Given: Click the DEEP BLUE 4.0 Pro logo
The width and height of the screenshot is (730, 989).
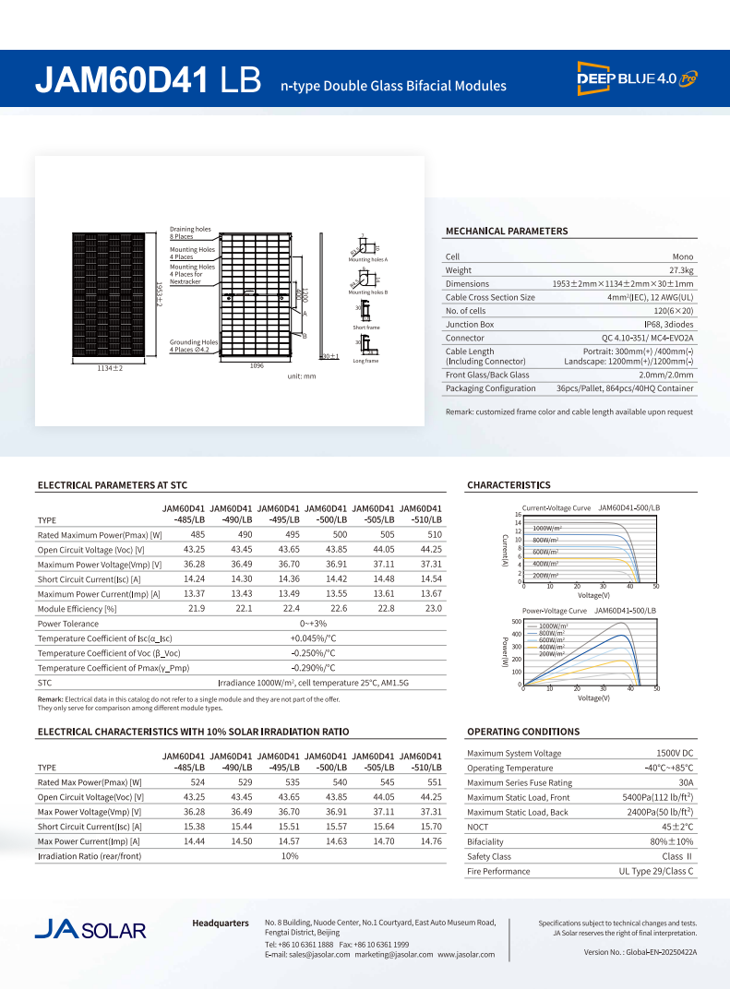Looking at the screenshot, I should coord(637,78).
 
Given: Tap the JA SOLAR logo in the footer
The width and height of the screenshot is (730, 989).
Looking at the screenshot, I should coord(90,928).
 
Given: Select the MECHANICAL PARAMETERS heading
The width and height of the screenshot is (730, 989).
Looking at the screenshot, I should coord(507,231).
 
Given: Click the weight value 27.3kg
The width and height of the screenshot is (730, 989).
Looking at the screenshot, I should coord(681,270).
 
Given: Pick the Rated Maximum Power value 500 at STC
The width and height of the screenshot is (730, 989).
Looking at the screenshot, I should coord(340,535).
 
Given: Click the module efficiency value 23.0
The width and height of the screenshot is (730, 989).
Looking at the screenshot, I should coord(433,609).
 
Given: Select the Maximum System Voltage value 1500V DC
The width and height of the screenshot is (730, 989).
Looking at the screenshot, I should coord(675,754).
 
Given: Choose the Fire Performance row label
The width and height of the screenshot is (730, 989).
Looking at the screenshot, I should coord(498,871).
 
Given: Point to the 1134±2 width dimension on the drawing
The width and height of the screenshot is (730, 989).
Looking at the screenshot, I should coord(110,368).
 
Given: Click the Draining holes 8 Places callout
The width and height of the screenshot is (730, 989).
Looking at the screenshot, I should coord(190,232).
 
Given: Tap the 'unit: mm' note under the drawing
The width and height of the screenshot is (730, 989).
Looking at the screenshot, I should coord(302,376).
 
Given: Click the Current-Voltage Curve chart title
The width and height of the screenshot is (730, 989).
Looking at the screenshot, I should coord(556,508).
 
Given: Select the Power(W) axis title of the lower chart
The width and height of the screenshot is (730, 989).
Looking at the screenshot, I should coord(505,651).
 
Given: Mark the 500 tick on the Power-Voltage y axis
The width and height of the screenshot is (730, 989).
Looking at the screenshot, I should coord(517,622).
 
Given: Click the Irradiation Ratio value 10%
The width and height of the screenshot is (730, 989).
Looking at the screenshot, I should coord(290,856).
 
